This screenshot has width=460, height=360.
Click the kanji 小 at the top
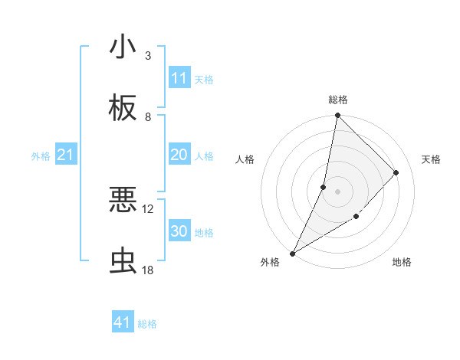tap(123, 47)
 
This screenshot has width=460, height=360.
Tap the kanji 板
tap(123, 108)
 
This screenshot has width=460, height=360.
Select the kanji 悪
tap(123, 200)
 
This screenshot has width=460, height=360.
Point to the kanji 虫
tap(123, 261)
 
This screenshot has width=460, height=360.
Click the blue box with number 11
tap(179, 78)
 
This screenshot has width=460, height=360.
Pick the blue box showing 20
tap(179, 155)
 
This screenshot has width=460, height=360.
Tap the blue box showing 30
tap(179, 231)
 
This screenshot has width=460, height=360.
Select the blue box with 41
tap(123, 322)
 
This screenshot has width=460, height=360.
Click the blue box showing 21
tap(66, 155)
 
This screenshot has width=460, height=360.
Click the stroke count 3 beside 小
tap(148, 56)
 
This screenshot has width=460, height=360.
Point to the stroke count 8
tap(148, 117)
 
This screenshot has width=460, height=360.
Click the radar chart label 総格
tap(338, 100)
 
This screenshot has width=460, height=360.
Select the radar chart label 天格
tap(432, 159)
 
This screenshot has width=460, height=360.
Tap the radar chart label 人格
tap(245, 159)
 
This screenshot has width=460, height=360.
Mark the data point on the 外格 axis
tap(292, 253)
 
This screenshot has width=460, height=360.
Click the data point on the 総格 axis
tap(337, 116)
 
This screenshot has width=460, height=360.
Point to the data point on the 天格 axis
tap(396, 172)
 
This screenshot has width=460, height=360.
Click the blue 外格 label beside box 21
tap(41, 156)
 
